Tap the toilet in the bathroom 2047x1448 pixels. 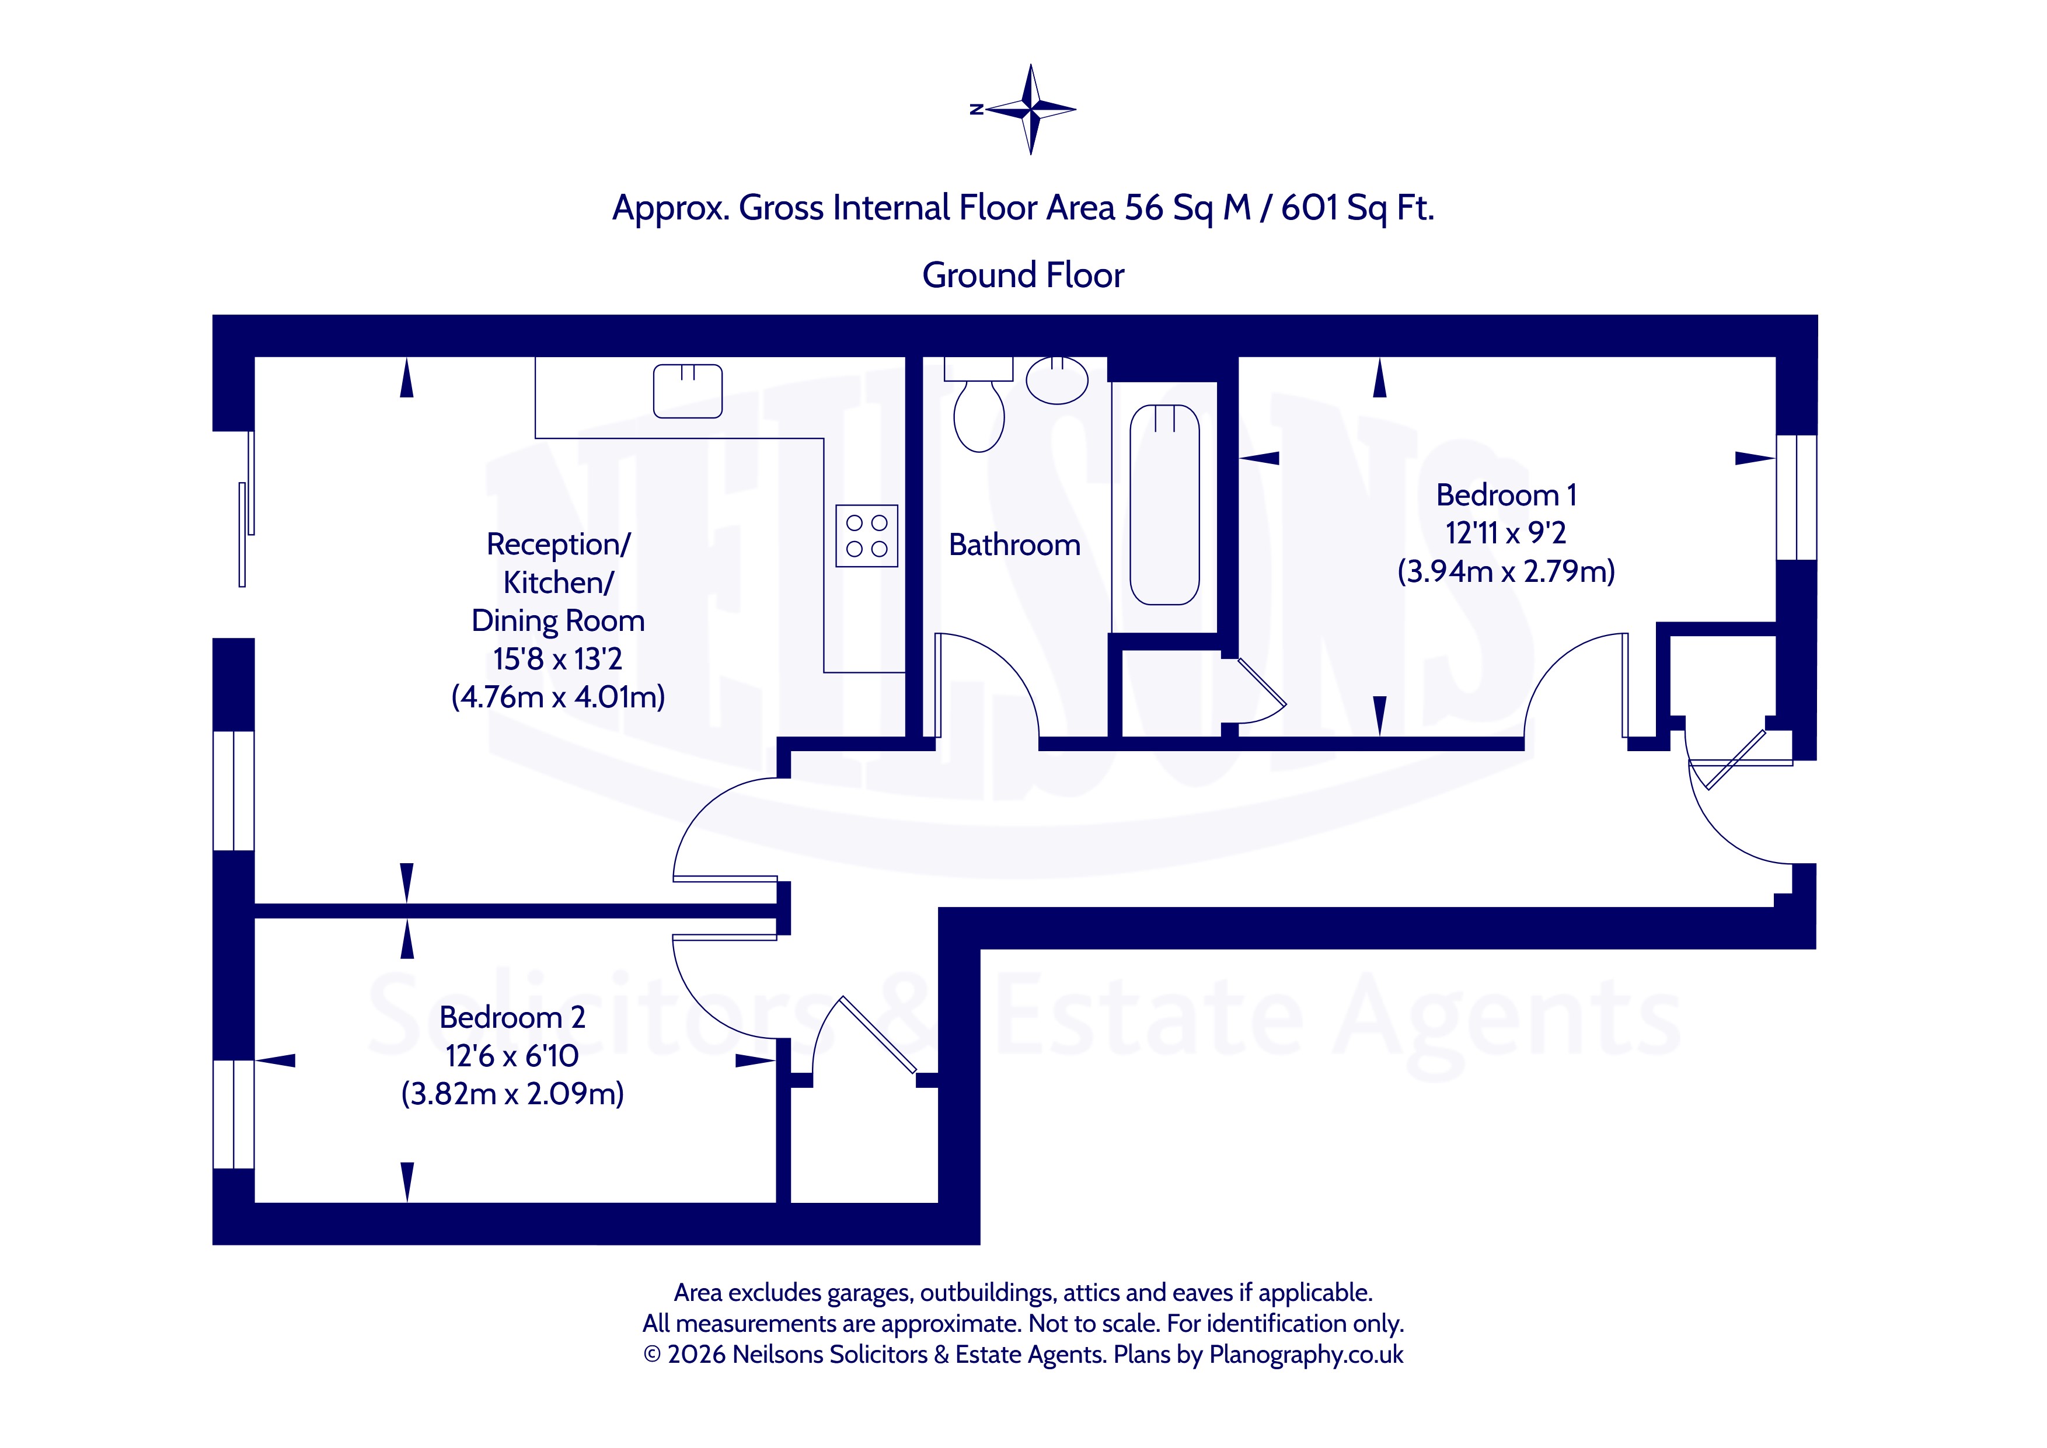pyautogui.click(x=979, y=406)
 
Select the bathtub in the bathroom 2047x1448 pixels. pyautogui.click(x=1164, y=505)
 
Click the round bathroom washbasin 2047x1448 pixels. pyautogui.click(x=1058, y=381)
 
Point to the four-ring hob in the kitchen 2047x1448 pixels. pyautogui.click(x=867, y=536)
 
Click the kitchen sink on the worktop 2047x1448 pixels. pyautogui.click(x=688, y=390)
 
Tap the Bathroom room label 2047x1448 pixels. pyautogui.click(x=1014, y=545)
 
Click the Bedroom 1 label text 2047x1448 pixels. pyautogui.click(x=1506, y=495)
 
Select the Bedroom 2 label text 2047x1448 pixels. pyautogui.click(x=512, y=1017)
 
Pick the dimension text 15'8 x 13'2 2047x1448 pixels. pyautogui.click(x=558, y=659)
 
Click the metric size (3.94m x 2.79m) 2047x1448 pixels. pyautogui.click(x=1506, y=571)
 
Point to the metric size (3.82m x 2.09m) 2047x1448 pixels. pyautogui.click(x=512, y=1093)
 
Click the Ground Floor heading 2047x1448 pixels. pyautogui.click(x=1023, y=275)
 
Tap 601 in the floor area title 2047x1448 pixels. pyautogui.click(x=1310, y=208)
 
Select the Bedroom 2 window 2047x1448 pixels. pyautogui.click(x=233, y=1114)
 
